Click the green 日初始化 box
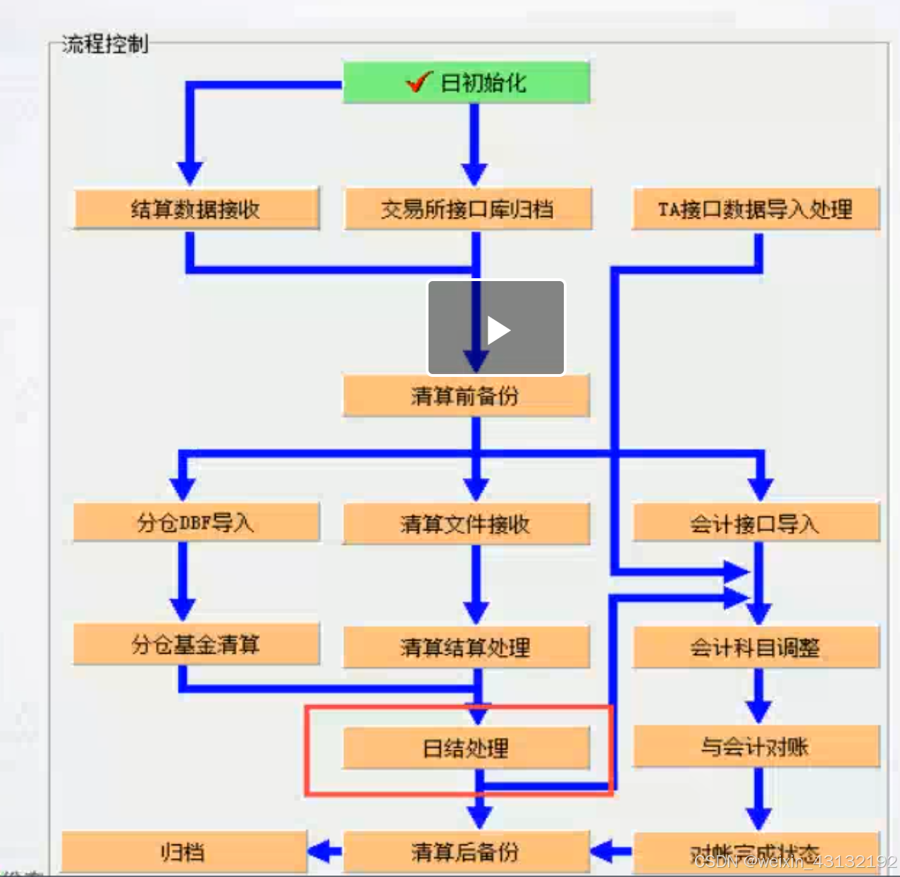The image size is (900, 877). tap(466, 82)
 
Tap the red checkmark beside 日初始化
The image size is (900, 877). tap(418, 82)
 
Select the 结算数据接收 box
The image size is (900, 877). tap(196, 209)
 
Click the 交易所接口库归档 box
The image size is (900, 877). tap(467, 209)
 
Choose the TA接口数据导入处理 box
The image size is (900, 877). tap(756, 209)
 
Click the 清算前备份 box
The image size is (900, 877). tap(466, 396)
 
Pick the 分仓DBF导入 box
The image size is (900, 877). tap(196, 523)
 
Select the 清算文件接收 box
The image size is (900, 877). tap(466, 524)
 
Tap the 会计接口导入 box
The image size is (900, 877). tap(756, 524)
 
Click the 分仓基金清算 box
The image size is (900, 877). tap(196, 645)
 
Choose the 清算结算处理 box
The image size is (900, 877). tap(466, 647)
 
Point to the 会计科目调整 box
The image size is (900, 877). tap(756, 647)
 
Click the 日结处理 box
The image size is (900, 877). tap(466, 748)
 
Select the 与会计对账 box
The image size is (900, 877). tap(756, 747)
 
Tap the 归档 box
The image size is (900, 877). tap(183, 852)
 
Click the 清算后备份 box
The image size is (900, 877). tap(466, 852)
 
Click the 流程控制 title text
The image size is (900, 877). tap(105, 44)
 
